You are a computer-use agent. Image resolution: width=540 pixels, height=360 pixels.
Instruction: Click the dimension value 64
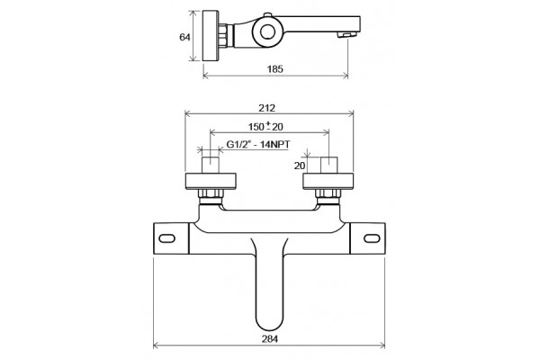[184, 37]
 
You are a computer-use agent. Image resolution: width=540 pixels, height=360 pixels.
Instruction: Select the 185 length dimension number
[275, 69]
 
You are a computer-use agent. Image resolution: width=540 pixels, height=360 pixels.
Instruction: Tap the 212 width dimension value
[267, 108]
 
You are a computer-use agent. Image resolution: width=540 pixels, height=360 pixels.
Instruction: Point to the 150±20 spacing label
[265, 127]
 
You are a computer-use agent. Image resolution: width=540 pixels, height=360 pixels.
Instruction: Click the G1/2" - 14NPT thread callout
[258, 144]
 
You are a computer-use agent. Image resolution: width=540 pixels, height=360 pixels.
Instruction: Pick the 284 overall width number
[270, 338]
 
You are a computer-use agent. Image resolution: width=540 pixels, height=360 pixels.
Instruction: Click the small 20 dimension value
[300, 166]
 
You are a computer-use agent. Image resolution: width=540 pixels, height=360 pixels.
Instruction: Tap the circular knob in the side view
[267, 32]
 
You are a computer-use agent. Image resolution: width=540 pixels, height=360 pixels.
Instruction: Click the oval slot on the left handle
[167, 238]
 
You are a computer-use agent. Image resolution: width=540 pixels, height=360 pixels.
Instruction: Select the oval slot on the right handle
[372, 238]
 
